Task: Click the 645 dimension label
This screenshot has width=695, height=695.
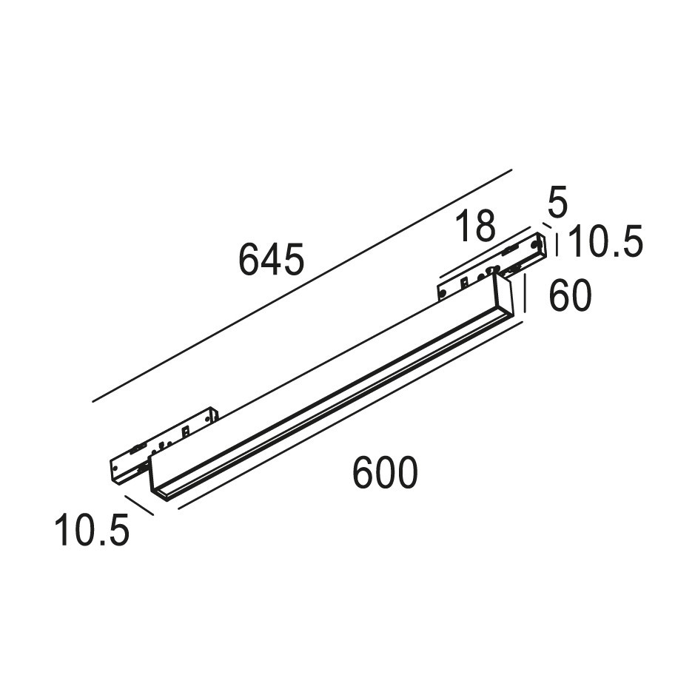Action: click(271, 259)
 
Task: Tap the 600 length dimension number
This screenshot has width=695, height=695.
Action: click(385, 472)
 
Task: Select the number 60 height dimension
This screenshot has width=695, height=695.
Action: click(570, 295)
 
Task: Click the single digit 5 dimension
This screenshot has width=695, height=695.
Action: click(557, 202)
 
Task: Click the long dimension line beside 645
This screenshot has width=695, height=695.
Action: click(302, 286)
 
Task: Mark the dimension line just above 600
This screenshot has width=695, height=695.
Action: click(351, 415)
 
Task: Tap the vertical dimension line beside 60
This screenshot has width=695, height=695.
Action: click(526, 293)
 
